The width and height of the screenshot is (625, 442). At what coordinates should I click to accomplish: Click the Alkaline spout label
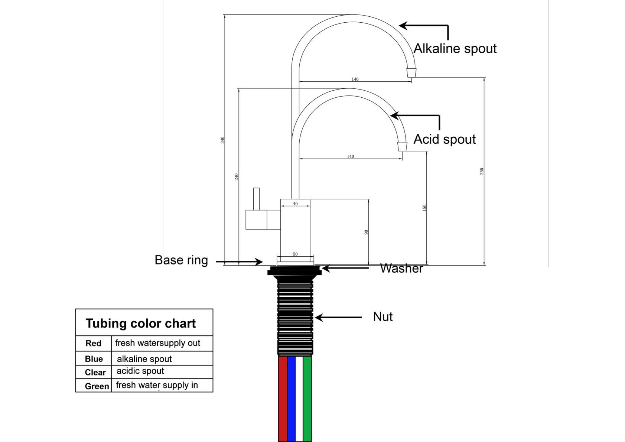[455, 49]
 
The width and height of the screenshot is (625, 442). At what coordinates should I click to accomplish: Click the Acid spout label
[445, 139]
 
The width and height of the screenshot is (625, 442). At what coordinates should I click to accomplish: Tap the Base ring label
[181, 260]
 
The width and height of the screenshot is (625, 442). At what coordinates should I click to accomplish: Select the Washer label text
[401, 268]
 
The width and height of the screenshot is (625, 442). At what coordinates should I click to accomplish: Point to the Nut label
[383, 316]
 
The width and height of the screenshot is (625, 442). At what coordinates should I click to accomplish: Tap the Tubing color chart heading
[141, 323]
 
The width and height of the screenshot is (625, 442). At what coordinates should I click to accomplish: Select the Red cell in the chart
[93, 343]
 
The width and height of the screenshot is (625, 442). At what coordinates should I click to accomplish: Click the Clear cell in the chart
[95, 372]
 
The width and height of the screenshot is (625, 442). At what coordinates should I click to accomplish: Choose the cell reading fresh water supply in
[157, 385]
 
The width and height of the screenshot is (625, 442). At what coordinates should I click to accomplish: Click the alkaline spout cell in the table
[144, 359]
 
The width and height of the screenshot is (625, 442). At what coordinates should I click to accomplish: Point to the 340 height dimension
[222, 140]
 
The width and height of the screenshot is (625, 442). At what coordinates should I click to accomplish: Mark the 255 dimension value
[482, 171]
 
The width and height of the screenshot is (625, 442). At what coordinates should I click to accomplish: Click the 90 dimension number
[366, 232]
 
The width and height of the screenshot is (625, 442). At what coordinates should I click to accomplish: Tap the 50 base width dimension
[295, 254]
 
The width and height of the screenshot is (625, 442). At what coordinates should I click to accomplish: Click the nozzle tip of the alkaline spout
[411, 72]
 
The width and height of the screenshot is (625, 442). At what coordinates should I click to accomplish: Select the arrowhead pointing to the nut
[318, 317]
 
